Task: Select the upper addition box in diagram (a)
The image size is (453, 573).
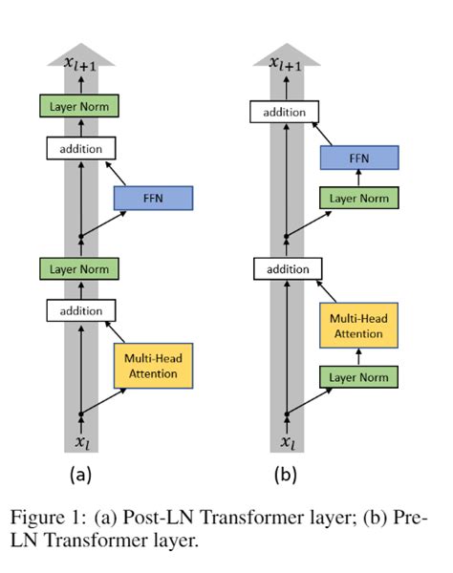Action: pyautogui.click(x=80, y=149)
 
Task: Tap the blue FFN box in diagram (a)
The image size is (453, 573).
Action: pyautogui.click(x=154, y=199)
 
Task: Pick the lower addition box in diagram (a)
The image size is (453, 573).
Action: pyautogui.click(x=80, y=310)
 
